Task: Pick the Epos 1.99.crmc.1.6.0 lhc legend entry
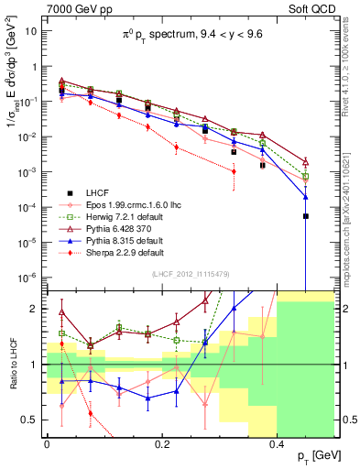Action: coord(137,205)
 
